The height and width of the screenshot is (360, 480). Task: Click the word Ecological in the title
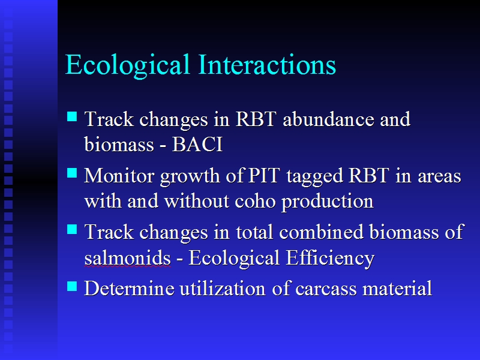(x=127, y=65)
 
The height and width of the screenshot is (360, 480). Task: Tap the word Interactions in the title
(x=267, y=64)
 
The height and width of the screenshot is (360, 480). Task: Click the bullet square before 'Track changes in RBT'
(x=72, y=116)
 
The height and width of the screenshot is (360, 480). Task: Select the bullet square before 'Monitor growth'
(x=72, y=173)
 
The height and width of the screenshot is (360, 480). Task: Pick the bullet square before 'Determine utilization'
(x=72, y=286)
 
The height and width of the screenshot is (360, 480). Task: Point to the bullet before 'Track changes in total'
(x=72, y=229)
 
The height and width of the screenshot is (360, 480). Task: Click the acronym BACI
(x=197, y=144)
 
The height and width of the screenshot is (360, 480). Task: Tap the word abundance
(x=328, y=118)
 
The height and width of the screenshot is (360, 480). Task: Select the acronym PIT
(x=264, y=175)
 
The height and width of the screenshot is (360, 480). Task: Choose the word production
(x=328, y=202)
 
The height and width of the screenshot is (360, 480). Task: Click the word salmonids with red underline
(x=127, y=258)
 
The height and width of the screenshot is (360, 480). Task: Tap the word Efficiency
(x=330, y=259)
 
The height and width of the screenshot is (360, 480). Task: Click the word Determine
(x=129, y=288)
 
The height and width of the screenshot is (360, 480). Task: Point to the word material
(x=397, y=288)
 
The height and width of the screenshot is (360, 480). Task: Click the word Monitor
(x=119, y=175)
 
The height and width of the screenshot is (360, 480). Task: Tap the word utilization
(x=223, y=288)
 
